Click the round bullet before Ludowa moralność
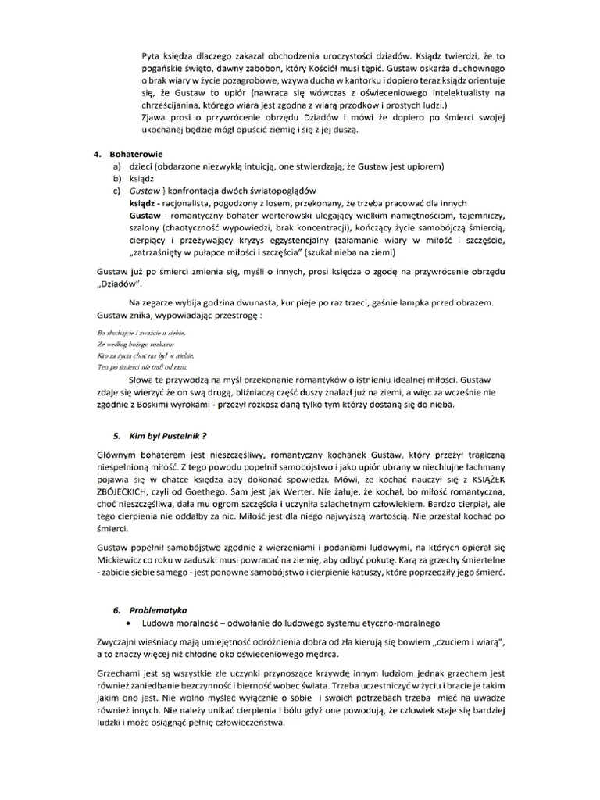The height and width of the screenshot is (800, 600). click(x=130, y=623)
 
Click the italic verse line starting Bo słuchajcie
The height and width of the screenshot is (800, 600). click(x=130, y=334)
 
